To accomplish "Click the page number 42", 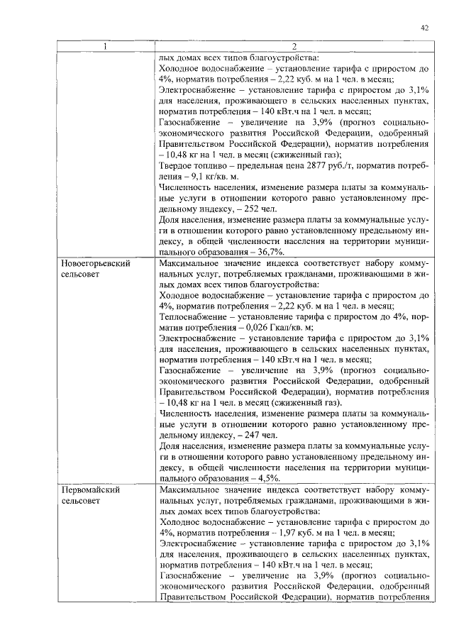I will [x=424, y=28].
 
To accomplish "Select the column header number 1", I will [x=105, y=48].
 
